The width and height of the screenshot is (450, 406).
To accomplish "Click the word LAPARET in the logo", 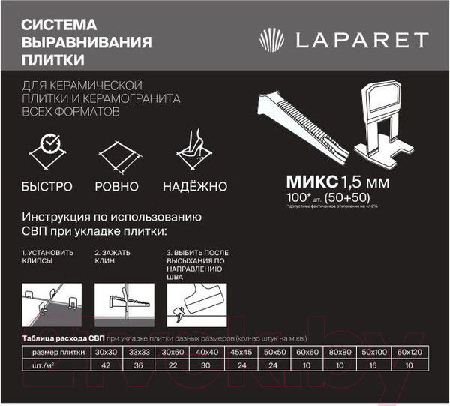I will (x=364, y=40).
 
